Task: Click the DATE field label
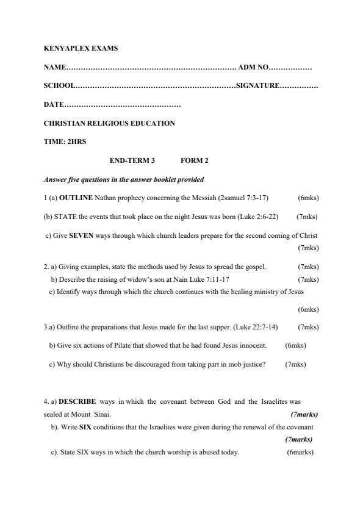pos(54,104)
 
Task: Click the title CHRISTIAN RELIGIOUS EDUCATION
pos(109,123)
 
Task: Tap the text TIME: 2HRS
pos(65,142)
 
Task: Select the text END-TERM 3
pos(132,161)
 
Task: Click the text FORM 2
pos(195,161)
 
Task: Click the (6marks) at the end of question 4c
pos(300,453)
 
